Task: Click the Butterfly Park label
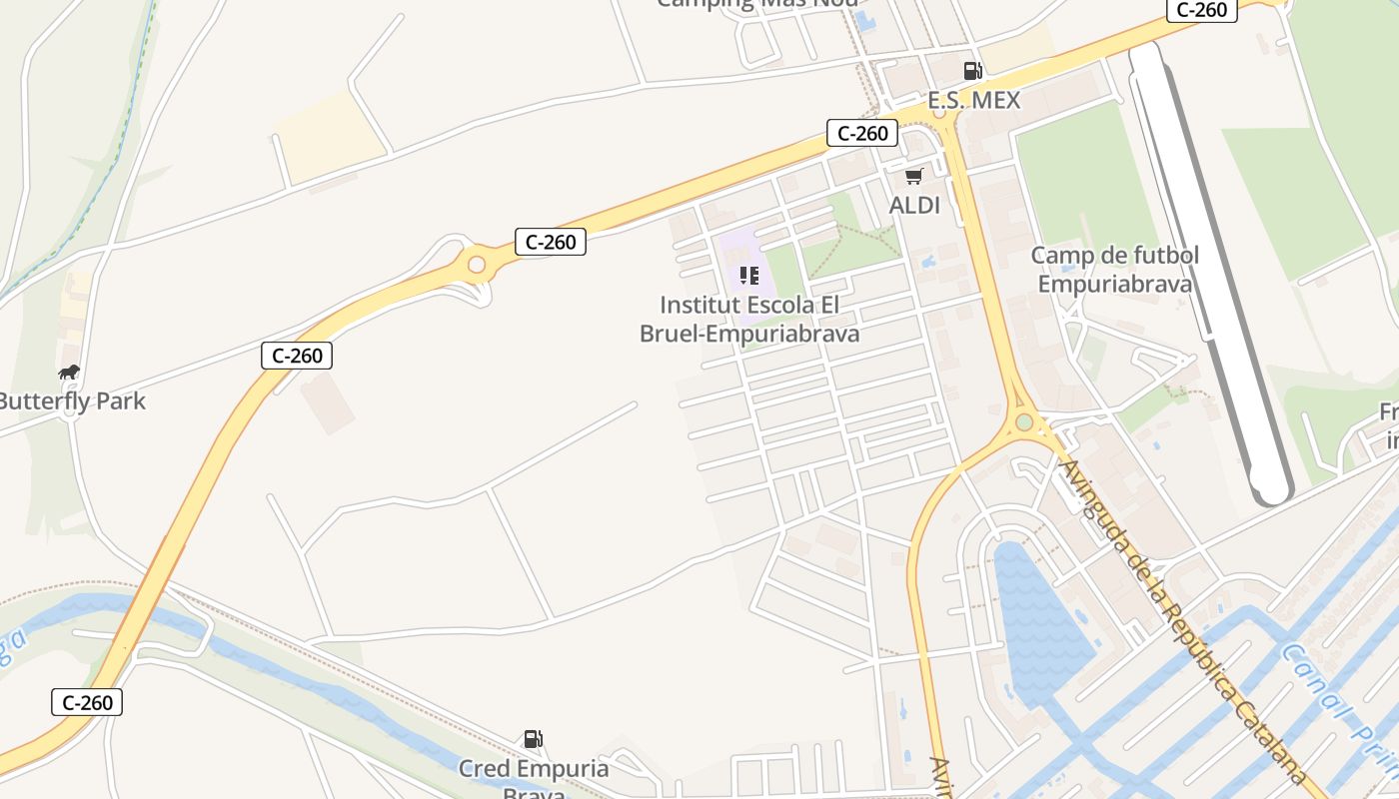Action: click(72, 400)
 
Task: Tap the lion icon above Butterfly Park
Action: click(68, 373)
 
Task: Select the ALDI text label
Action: click(914, 205)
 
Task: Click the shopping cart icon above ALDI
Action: click(913, 177)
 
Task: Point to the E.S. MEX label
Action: click(973, 100)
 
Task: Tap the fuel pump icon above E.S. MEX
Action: click(972, 70)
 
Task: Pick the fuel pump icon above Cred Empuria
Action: click(534, 739)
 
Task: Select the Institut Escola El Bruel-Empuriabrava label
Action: click(749, 319)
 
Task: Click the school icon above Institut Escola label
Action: click(749, 275)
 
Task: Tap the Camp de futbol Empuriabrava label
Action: click(1114, 270)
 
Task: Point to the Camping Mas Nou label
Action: click(756, 3)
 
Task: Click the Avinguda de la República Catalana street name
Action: click(1179, 619)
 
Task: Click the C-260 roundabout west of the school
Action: click(477, 265)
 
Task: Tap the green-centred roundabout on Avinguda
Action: click(1024, 422)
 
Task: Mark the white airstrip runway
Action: click(1209, 270)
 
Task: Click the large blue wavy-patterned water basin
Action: click(1039, 619)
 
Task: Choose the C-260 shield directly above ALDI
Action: click(861, 133)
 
